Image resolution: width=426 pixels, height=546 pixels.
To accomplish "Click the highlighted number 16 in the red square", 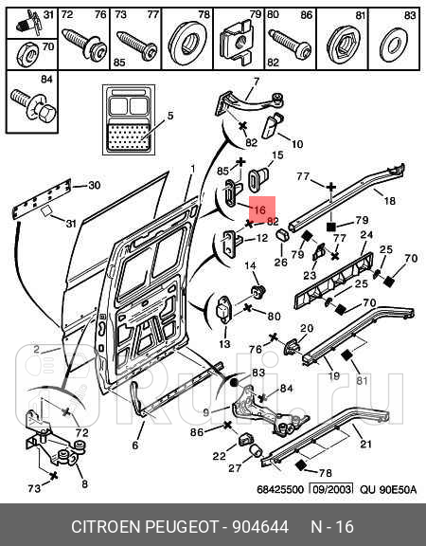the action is pyautogui.click(x=259, y=209).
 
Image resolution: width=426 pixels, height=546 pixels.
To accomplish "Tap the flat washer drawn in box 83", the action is pyautogui.click(x=393, y=45).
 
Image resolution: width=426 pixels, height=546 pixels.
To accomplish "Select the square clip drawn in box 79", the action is pyautogui.click(x=236, y=41).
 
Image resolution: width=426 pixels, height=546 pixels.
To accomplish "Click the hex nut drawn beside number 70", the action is pyautogui.click(x=28, y=55).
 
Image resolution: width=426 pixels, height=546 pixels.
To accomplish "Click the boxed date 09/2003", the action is pyautogui.click(x=330, y=489).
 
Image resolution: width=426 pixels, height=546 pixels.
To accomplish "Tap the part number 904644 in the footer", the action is pyautogui.click(x=260, y=526).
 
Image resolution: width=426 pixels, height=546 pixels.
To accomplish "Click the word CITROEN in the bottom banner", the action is pyautogui.click(x=105, y=526).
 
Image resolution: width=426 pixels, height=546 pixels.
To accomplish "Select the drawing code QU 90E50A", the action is pyautogui.click(x=388, y=489).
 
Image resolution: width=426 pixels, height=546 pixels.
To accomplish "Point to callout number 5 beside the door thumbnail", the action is pyautogui.click(x=170, y=116).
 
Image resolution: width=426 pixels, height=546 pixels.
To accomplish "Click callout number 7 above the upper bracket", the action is pyautogui.click(x=256, y=82).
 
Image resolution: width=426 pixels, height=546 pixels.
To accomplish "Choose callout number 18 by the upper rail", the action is pyautogui.click(x=389, y=201).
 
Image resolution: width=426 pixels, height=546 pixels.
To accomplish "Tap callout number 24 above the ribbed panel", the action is pyautogui.click(x=366, y=235).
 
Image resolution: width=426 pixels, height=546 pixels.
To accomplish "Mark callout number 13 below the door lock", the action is pyautogui.click(x=224, y=344).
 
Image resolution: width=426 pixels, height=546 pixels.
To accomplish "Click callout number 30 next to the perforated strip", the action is pyautogui.click(x=95, y=185).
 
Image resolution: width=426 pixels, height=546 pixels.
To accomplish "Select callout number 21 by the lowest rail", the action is pyautogui.click(x=365, y=444).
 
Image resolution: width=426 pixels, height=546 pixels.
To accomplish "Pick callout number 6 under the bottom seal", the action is pyautogui.click(x=135, y=445).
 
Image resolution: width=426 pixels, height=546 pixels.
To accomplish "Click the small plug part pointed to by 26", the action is pyautogui.click(x=283, y=235).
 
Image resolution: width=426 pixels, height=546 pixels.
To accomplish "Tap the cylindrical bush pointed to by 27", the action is pyautogui.click(x=257, y=450).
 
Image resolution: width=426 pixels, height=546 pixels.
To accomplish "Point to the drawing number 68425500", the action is pyautogui.click(x=280, y=489).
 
